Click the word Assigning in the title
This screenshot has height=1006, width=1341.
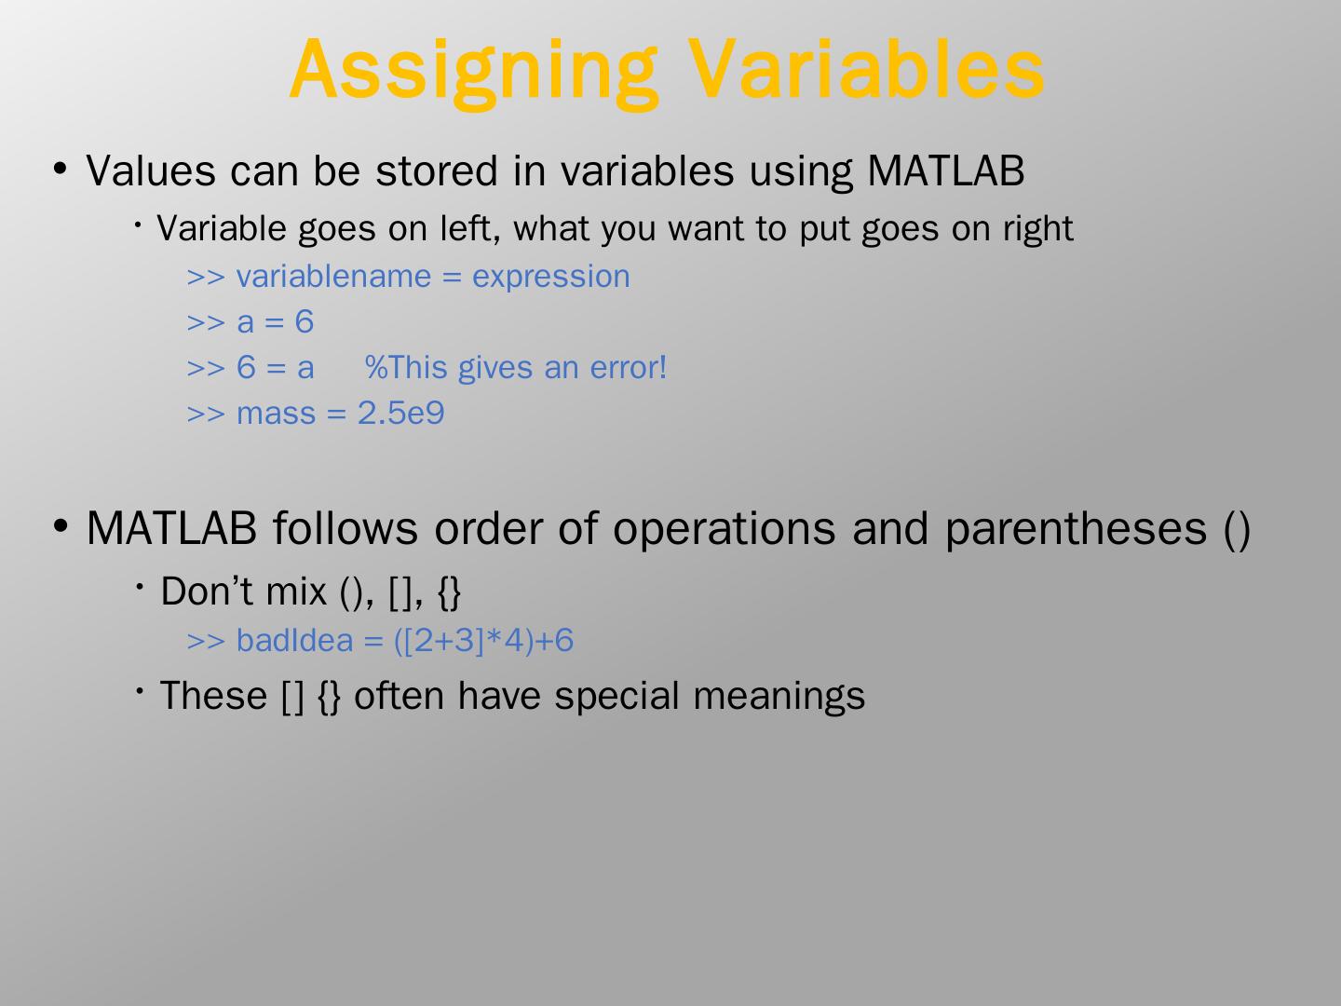(474, 74)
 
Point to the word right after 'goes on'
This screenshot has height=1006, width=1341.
(1038, 230)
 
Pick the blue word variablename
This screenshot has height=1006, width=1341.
(333, 276)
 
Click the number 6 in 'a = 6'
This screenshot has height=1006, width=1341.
(305, 321)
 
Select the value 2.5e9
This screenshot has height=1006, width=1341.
(400, 413)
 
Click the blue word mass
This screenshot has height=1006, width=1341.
(277, 415)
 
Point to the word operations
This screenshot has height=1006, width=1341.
(725, 529)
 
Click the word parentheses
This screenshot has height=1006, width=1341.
(1076, 529)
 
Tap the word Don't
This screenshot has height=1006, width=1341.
(207, 591)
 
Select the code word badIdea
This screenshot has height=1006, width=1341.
(294, 641)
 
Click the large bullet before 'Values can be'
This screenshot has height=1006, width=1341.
(60, 169)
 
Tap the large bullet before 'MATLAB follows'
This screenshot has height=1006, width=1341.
(60, 525)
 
